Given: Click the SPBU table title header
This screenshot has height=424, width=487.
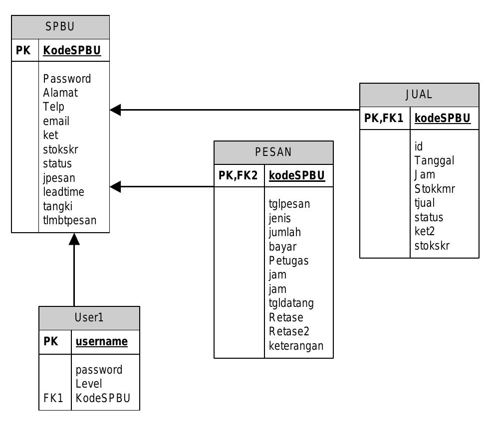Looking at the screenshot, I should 60,27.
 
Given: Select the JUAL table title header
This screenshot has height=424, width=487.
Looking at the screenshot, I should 419,95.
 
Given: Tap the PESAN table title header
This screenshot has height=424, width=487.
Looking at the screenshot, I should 273,152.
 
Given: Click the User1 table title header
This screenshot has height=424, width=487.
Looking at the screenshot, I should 89,318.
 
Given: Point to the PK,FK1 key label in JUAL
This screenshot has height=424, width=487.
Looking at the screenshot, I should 384,118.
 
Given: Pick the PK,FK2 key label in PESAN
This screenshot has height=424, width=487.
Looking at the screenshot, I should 239,175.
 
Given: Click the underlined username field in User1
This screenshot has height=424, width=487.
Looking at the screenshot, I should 101,342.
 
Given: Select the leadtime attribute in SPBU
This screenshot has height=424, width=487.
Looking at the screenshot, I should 64,192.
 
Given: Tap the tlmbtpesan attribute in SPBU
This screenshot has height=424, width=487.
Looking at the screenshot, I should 70,220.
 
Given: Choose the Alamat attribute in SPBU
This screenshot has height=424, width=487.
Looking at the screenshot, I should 60,93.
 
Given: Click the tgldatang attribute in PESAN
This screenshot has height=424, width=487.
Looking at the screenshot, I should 291,303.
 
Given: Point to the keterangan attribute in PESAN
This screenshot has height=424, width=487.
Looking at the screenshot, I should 296,345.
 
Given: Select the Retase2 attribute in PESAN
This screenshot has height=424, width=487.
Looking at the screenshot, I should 289,331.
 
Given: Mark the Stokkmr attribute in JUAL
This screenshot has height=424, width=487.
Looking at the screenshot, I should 435,189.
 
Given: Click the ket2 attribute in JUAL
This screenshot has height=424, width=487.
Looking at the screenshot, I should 425,231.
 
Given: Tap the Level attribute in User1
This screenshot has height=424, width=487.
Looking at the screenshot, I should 89,384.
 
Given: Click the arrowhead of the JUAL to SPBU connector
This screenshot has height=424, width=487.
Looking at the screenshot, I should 115,110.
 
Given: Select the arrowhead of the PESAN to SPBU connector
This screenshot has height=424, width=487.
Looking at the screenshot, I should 115,187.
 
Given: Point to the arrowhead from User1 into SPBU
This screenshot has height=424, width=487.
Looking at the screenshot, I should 74,239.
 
